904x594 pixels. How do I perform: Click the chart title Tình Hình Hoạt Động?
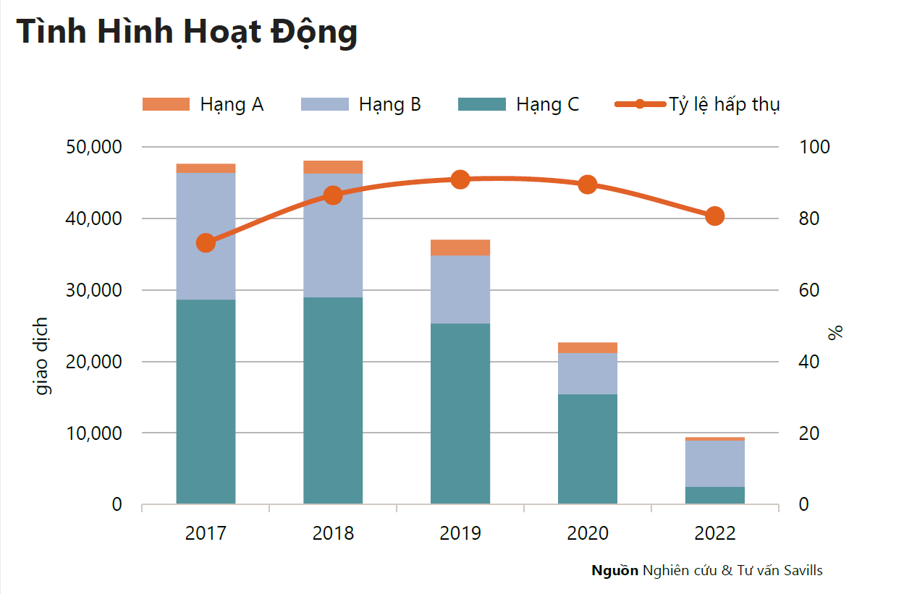(187, 32)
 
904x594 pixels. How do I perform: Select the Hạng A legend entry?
(203, 104)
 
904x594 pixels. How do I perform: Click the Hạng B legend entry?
(360, 104)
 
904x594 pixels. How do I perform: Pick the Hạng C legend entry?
(518, 104)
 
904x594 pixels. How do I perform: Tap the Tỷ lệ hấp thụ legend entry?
(697, 104)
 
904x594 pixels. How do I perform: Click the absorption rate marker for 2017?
(206, 243)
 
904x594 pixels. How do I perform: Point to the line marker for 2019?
(460, 179)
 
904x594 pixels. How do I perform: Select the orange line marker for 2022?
(715, 216)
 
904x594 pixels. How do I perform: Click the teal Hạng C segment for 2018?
(333, 400)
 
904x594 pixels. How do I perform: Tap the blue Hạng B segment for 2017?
(206, 236)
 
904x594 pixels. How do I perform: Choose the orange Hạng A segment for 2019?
(460, 247)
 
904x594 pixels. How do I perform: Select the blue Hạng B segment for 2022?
(715, 463)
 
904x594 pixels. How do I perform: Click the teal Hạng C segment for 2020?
(588, 449)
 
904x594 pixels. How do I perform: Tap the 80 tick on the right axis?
(814, 218)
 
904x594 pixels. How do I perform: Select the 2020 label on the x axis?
(588, 534)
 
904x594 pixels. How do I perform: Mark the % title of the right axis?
(836, 333)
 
